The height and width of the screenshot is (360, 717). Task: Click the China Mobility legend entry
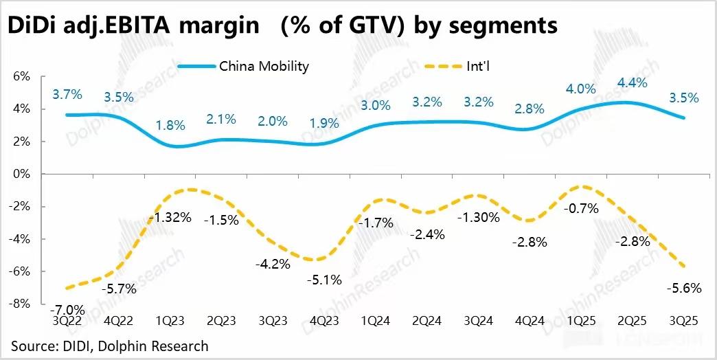coord(264,66)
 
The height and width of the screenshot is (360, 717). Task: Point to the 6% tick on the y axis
coord(22,76)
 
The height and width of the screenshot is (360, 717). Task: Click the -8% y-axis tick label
coord(21,304)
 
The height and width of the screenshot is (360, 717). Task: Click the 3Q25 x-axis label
coord(683,322)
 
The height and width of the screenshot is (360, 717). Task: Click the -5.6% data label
coord(685,289)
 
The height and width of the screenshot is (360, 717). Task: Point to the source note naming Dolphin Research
coord(110,346)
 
